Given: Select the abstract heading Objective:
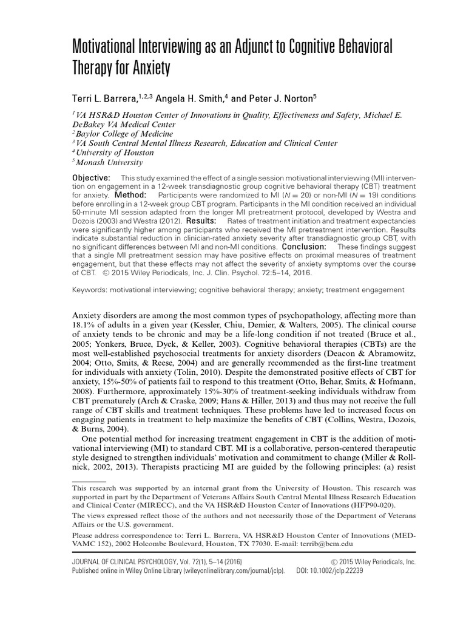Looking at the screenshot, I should click(x=91, y=177).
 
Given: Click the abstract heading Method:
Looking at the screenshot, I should click(x=128, y=195).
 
